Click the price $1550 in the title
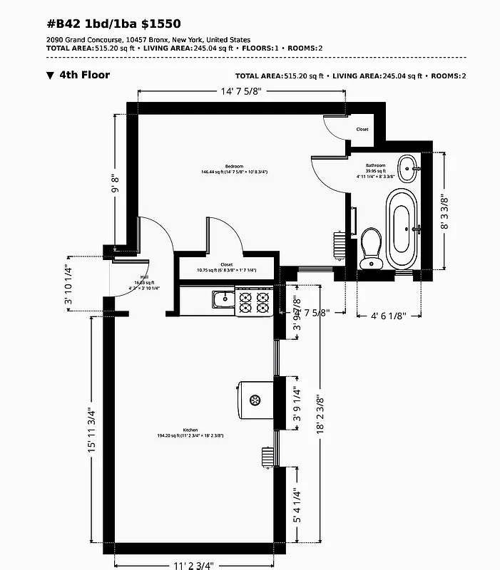point(150,24)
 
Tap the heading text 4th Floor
point(84,75)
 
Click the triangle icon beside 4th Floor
point(50,75)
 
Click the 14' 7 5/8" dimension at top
point(241,91)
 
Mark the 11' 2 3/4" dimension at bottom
point(193,565)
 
